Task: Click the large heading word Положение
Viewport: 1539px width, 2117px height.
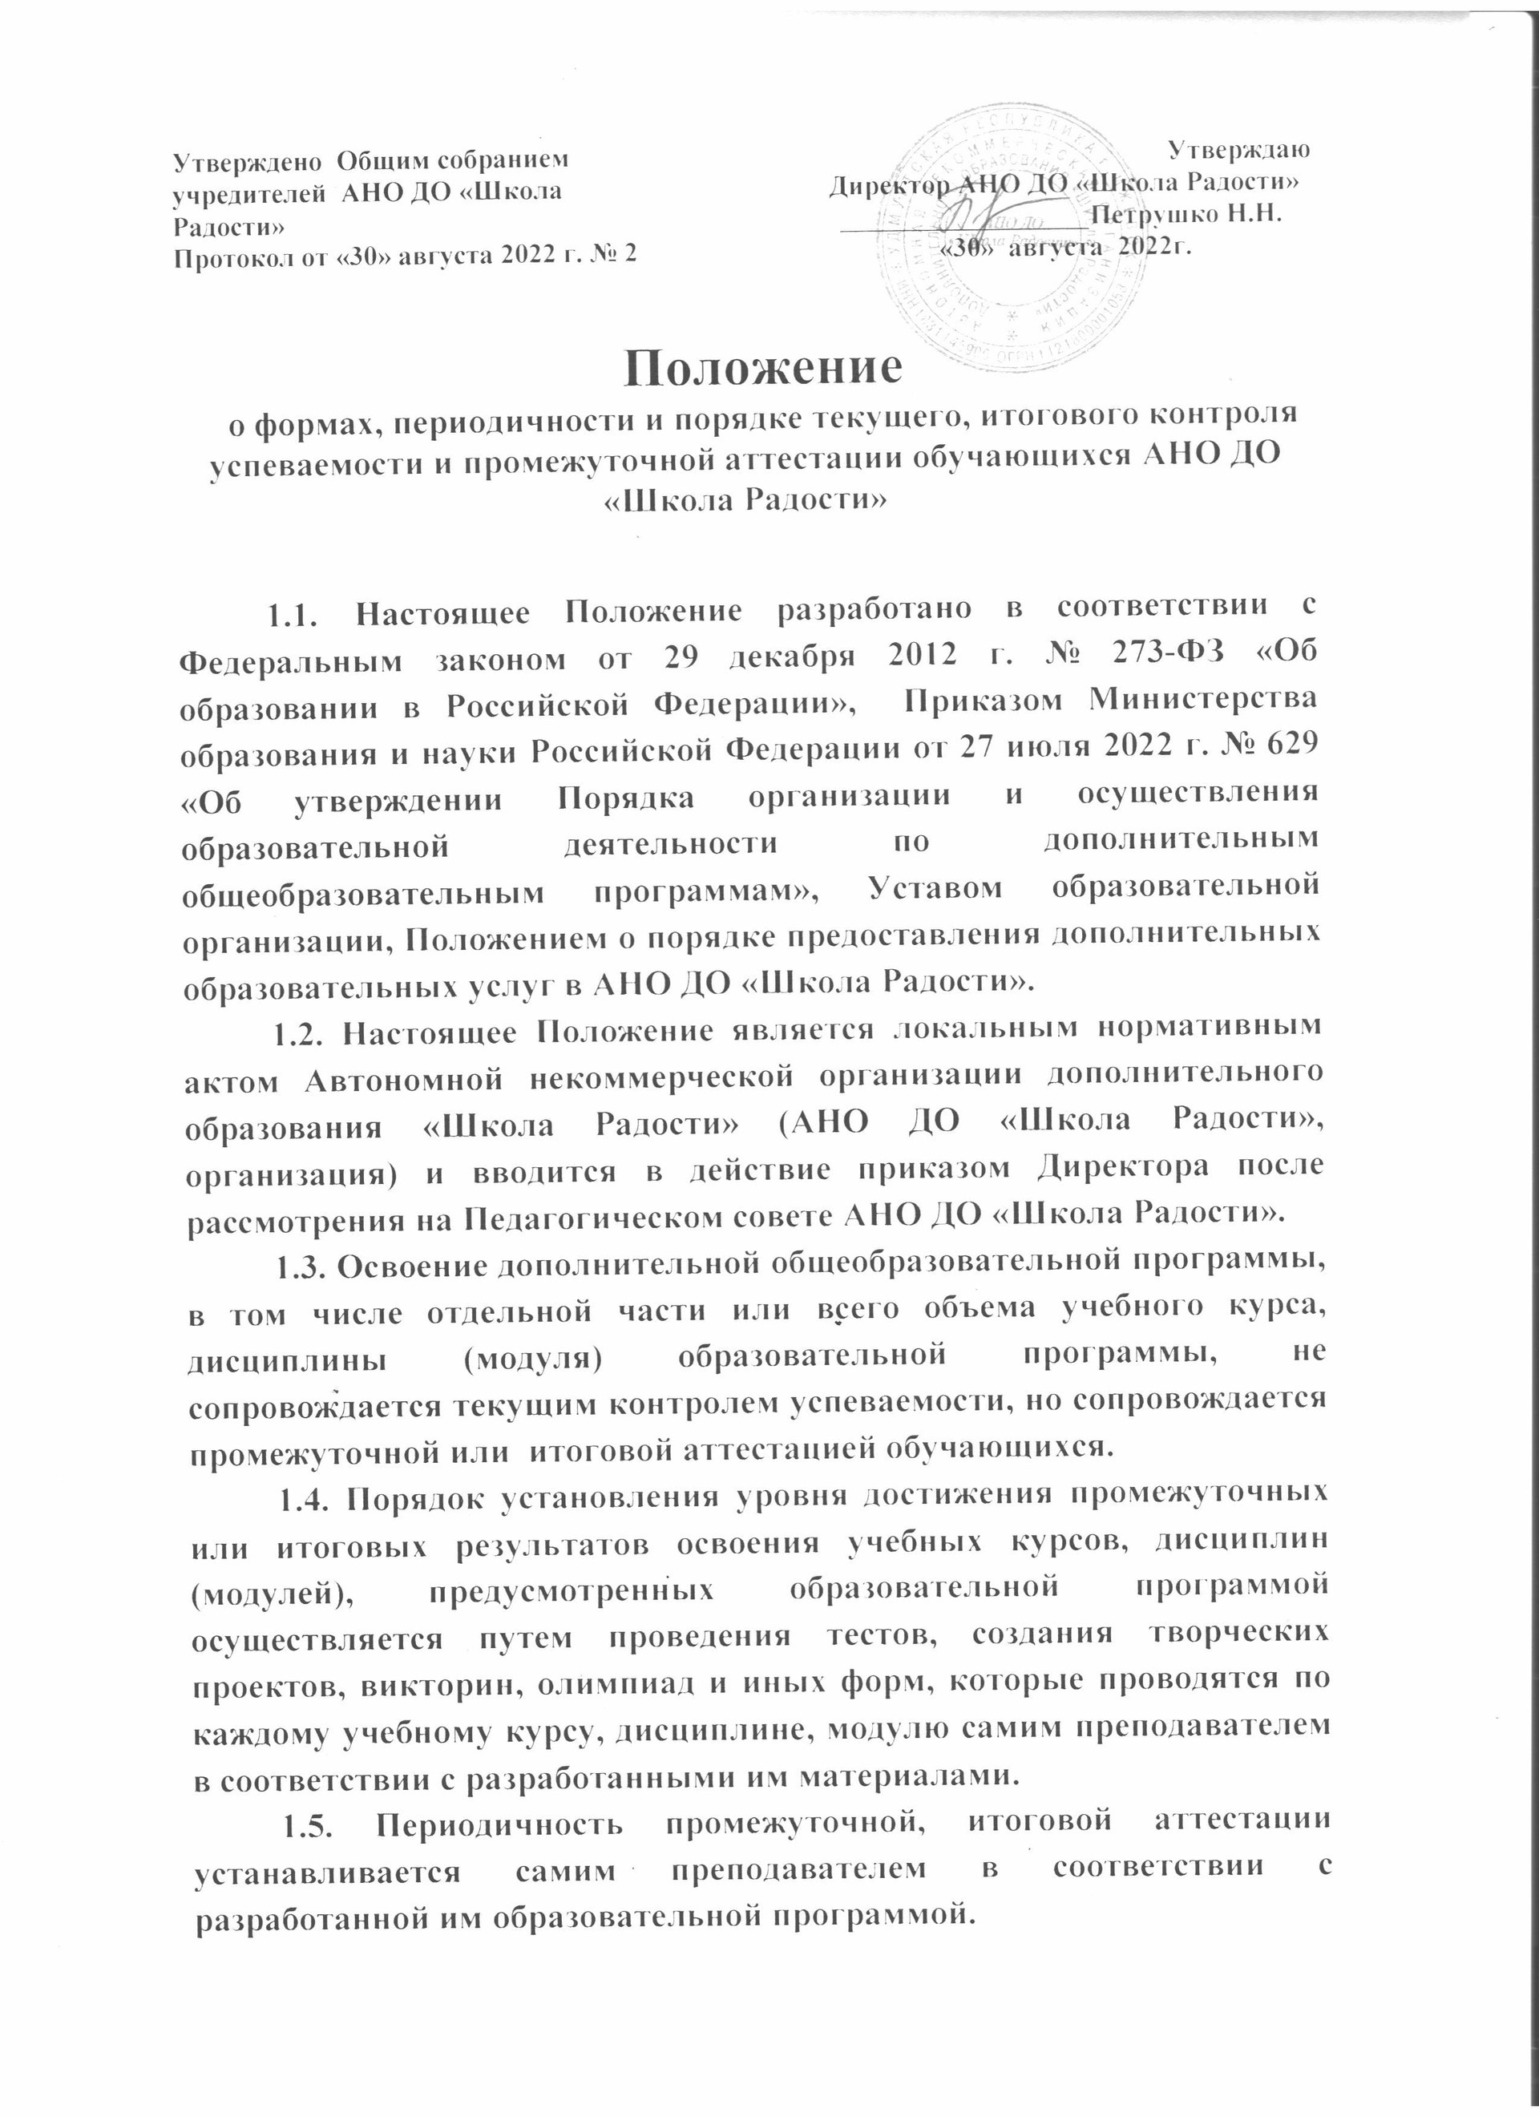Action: [x=765, y=367]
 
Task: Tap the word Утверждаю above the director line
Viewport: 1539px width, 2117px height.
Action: [x=1239, y=149]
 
